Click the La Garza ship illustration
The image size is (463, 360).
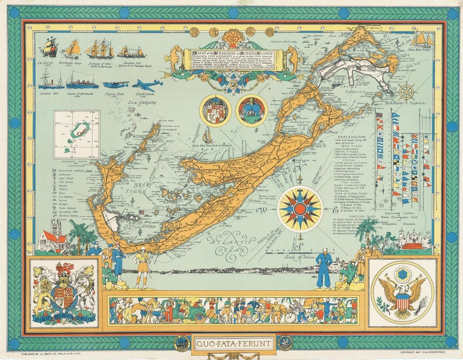pyautogui.click(x=48, y=47)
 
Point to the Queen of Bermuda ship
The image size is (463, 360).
pyautogui.click(x=82, y=80)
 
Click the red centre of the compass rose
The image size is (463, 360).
pyautogui.click(x=299, y=209)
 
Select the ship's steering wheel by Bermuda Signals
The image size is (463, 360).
pyautogui.click(x=407, y=91)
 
